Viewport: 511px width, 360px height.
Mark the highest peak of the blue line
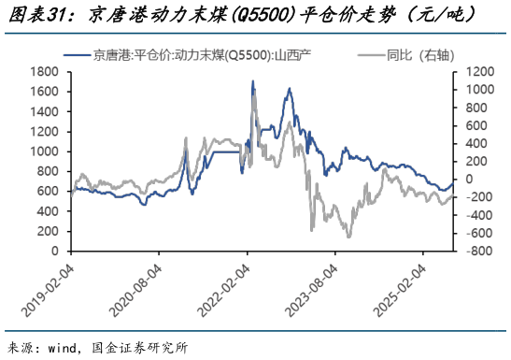pyautogui.click(x=253, y=81)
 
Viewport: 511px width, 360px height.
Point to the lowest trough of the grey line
pyautogui.click(x=348, y=237)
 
